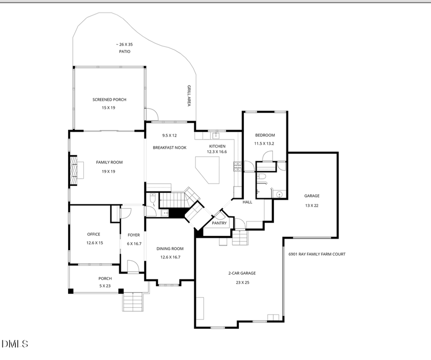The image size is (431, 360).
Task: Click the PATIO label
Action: click(125, 51)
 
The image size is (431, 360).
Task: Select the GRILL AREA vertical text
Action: click(189, 96)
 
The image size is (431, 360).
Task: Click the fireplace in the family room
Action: click(74, 170)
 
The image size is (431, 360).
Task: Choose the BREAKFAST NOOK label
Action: click(170, 148)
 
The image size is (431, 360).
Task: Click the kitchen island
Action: click(207, 169)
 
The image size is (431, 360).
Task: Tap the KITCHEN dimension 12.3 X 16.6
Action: click(216, 152)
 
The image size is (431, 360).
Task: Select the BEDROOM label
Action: click(264, 135)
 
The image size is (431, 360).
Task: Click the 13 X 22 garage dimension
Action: click(312, 205)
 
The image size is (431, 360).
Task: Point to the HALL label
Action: click(247, 202)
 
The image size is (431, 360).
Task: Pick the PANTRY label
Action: click(219, 223)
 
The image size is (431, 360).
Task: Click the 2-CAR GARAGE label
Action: click(242, 273)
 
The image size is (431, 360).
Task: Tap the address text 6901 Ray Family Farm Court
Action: click(317, 254)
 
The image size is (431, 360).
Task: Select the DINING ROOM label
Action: click(170, 249)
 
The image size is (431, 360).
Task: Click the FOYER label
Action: click(134, 235)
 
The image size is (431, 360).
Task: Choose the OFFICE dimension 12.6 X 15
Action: click(94, 243)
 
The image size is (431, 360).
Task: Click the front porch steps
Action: click(133, 302)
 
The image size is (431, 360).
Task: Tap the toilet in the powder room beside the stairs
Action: click(152, 198)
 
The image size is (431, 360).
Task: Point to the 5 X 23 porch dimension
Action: click(105, 286)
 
